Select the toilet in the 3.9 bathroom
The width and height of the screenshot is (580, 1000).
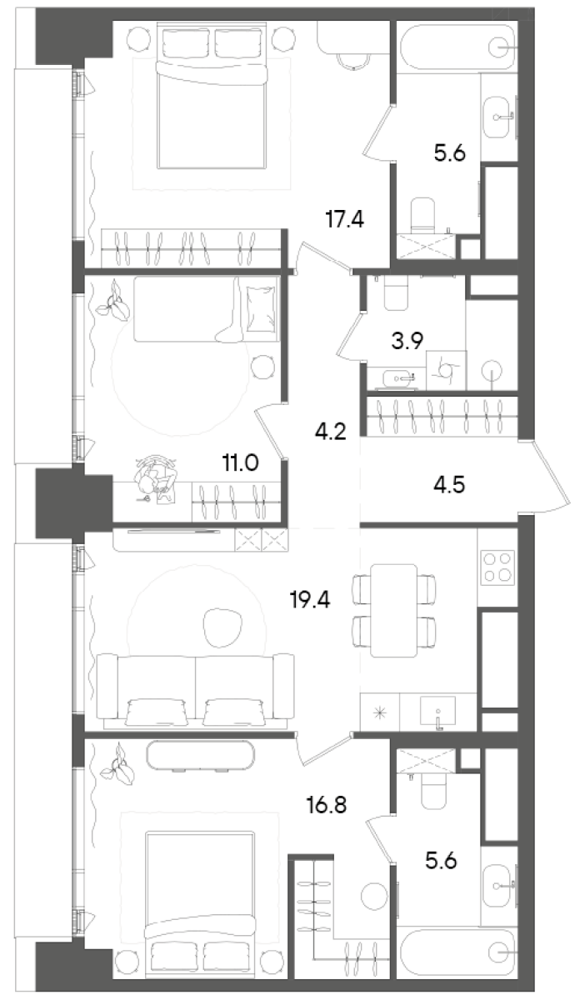point(393,292)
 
